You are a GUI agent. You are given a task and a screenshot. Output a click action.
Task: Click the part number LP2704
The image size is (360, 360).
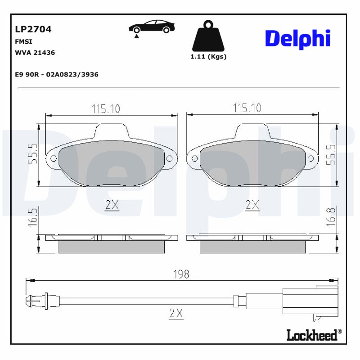pos(33,30)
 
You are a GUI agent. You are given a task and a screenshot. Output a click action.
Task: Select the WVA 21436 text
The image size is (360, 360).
pos(35,53)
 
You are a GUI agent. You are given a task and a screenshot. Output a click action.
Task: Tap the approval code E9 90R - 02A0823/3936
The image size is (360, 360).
pos(57,75)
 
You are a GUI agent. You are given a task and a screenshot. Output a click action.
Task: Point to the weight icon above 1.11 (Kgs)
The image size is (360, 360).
pos(208,36)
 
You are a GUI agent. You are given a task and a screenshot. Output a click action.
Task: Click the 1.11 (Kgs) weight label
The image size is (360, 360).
pos(208,57)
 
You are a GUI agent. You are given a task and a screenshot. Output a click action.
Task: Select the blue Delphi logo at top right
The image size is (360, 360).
pos(297,39)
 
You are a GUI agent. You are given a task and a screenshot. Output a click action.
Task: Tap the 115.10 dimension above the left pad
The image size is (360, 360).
pos(106,108)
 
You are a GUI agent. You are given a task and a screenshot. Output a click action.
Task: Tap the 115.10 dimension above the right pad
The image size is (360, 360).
pos(247,108)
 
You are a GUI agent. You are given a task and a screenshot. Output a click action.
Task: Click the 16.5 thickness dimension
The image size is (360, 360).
pos(33,217)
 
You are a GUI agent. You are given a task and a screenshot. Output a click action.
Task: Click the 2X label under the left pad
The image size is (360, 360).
pos(112,205)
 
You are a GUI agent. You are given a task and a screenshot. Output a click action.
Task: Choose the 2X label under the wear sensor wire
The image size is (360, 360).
pos(176,314)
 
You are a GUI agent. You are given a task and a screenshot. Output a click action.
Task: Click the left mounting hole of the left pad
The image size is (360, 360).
pos(53,159)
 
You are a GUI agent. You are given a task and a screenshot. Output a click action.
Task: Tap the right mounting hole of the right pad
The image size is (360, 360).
pos(310,159)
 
